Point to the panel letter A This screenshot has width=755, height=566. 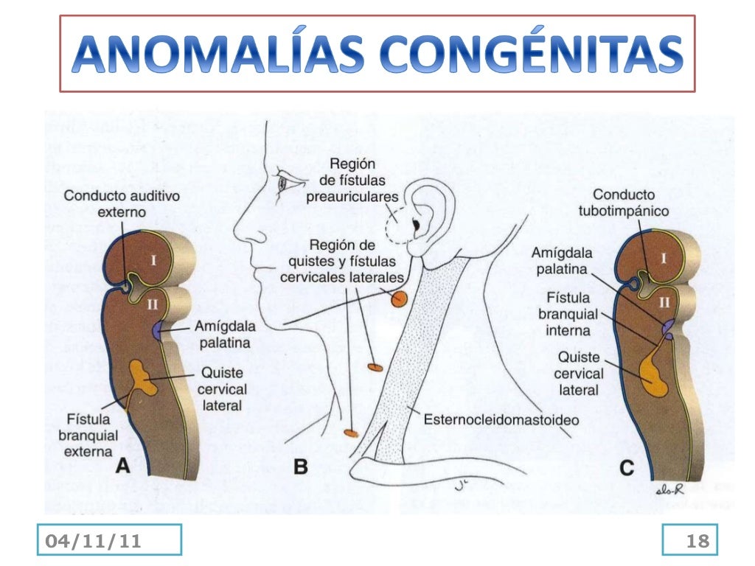coord(122,465)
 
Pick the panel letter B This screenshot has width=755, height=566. coord(301,466)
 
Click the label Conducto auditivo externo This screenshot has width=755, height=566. coord(111,204)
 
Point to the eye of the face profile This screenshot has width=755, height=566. coord(283,183)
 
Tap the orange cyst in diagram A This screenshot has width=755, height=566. coord(143,376)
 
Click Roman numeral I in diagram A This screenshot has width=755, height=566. coord(153,259)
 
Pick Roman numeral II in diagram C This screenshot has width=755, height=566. coord(664,301)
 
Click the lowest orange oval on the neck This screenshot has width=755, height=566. coord(349,433)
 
